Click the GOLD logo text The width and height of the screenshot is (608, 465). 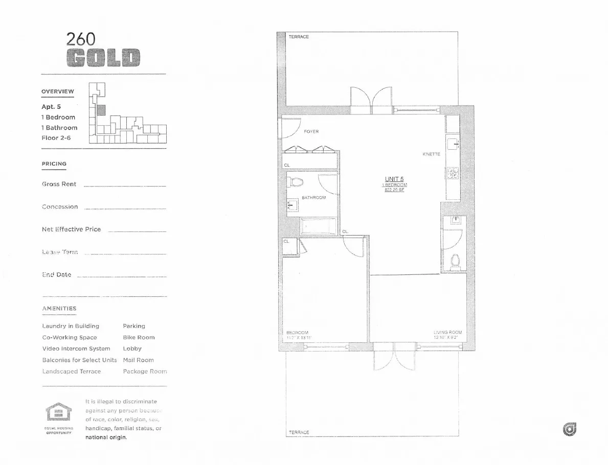[103, 58]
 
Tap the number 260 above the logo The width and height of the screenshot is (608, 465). [81, 39]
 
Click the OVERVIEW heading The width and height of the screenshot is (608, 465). [58, 91]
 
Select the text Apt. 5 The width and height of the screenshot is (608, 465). [51, 107]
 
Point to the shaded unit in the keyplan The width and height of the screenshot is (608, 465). [101, 109]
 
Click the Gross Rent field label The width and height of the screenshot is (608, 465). [59, 184]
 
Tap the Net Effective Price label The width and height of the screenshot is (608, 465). [71, 229]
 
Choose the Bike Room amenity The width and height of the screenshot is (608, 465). [139, 337]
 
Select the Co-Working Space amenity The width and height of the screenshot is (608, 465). [69, 337]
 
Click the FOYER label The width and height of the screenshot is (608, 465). [311, 132]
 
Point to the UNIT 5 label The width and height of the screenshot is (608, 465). [394, 179]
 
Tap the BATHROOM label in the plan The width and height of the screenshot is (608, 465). [313, 197]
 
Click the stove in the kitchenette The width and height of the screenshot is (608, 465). [452, 174]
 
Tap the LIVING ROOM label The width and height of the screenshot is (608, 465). [447, 332]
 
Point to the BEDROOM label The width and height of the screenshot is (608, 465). [297, 333]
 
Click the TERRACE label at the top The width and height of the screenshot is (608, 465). [299, 37]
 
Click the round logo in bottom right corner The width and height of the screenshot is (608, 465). [569, 430]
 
